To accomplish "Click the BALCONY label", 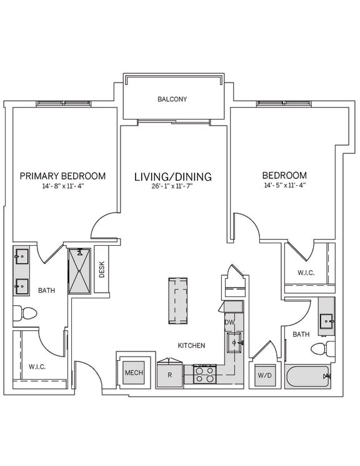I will coord(172,99).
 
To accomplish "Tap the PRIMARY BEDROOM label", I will coord(62,176).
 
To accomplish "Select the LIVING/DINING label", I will coord(173,177).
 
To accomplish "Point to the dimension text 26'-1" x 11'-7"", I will coord(173,187).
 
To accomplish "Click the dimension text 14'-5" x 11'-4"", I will coord(284,186).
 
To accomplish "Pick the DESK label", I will coord(102,269).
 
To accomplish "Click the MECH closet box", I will coord(134,373).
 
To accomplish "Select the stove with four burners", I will coord(204,374).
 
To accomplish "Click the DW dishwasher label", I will coord(229,322).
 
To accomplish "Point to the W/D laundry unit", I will coord(264,376).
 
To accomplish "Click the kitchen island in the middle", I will coord(177,301).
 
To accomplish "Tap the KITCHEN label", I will coord(191,345).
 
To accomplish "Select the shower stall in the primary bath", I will coord(80,270).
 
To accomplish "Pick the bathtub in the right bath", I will coord(308,377).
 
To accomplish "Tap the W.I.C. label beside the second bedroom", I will coord(306,273).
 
